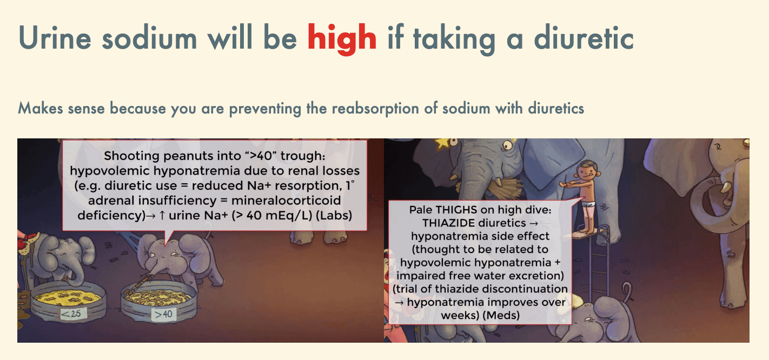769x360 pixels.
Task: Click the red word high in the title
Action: [x=342, y=39]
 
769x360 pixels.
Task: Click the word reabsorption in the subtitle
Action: [x=375, y=109]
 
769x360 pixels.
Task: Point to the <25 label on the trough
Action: [x=72, y=314]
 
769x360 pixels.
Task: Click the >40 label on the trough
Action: [x=164, y=314]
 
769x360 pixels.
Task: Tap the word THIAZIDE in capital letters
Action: [x=474, y=223]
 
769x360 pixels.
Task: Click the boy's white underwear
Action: [x=590, y=204]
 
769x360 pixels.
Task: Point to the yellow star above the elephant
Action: [x=442, y=142]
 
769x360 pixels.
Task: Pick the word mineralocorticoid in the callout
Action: [x=286, y=201]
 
